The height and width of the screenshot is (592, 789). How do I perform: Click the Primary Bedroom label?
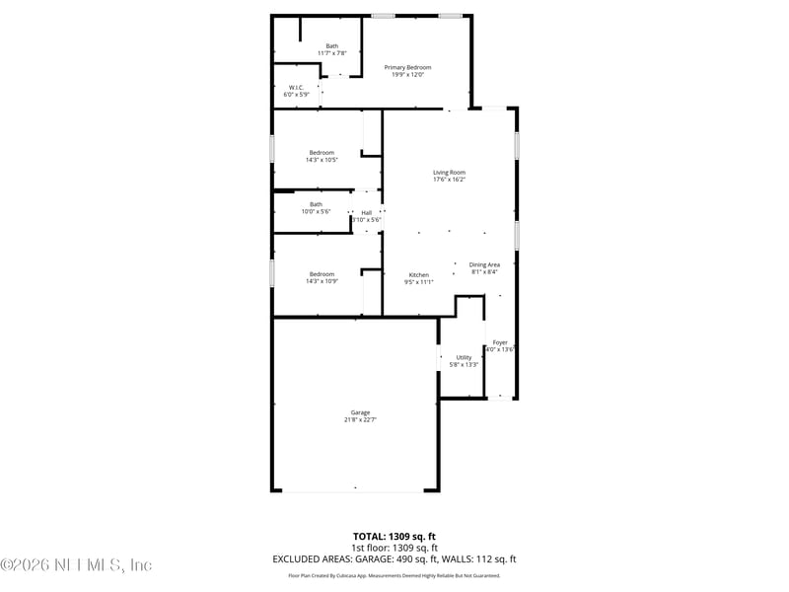(407, 67)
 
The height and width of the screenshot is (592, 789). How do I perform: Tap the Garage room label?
(360, 412)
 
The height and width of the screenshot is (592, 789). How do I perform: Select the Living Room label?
(449, 173)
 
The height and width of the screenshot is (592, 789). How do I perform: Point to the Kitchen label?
(419, 274)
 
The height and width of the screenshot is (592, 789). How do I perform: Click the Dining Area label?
(484, 264)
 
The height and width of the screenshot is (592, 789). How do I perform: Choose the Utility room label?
(464, 357)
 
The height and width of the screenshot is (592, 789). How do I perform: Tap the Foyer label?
(500, 342)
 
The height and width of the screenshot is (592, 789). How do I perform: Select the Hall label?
(366, 212)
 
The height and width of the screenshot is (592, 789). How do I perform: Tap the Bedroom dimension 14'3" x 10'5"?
(322, 160)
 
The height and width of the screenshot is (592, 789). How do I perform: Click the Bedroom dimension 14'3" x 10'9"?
(322, 281)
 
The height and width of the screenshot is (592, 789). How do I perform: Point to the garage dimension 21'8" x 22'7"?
(360, 419)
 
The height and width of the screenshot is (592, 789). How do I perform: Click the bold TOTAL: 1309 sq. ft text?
(394, 536)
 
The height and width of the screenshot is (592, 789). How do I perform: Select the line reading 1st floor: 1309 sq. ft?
(394, 547)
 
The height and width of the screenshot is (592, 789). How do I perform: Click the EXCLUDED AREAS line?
(394, 558)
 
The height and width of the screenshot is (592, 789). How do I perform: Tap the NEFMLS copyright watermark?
(76, 565)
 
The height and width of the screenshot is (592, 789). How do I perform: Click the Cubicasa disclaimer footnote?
(394, 575)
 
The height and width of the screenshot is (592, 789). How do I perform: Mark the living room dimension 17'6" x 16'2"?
(449, 180)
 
